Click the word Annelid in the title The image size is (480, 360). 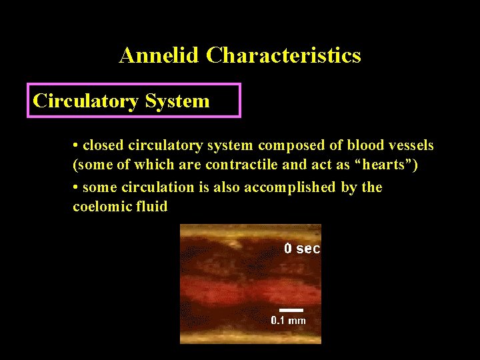click(159, 55)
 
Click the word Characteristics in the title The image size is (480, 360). click(283, 55)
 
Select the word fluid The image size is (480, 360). click(151, 207)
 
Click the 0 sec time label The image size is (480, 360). click(302, 249)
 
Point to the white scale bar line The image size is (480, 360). click(291, 310)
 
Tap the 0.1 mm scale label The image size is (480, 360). click(288, 321)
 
